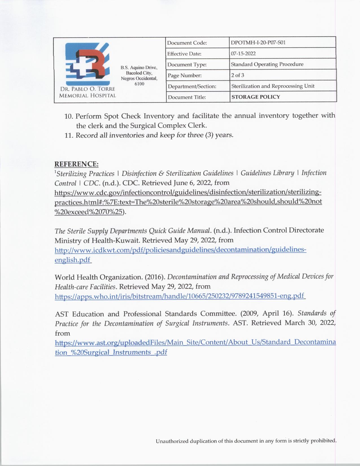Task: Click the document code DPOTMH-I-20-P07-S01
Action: (x=258, y=43)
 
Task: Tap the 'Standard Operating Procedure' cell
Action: (x=267, y=64)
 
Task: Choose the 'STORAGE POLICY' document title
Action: (x=256, y=97)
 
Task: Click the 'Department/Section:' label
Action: (x=192, y=86)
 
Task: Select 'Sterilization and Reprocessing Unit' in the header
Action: (x=273, y=86)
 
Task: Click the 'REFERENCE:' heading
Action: (x=76, y=164)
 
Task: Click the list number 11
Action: (x=69, y=135)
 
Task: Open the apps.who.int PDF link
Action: (x=180, y=296)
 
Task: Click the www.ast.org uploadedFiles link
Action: (x=195, y=343)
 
